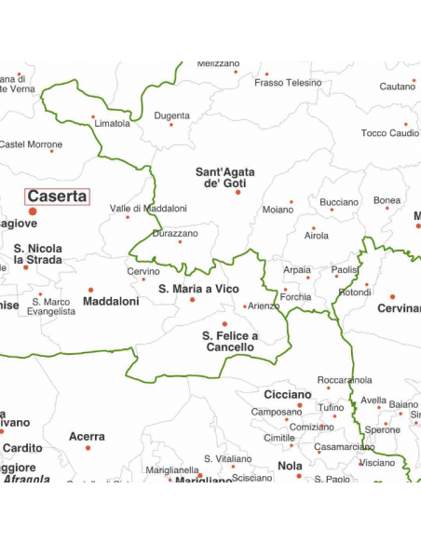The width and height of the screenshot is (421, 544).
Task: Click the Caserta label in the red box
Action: [57, 197]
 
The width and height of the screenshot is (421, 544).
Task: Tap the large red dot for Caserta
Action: [33, 212]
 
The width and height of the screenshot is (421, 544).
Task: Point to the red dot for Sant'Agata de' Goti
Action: [238, 193]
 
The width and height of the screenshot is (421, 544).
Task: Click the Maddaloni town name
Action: [111, 302]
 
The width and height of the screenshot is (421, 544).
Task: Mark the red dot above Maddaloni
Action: [90, 290]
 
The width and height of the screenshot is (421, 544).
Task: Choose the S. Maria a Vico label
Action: [198, 289]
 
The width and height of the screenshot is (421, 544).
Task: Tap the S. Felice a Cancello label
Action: [229, 341]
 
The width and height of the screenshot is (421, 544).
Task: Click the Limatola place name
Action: [113, 123]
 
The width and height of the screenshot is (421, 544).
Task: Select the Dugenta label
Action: [171, 116]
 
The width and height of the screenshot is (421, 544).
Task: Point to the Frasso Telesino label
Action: [287, 83]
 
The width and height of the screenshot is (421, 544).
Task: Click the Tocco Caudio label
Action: [389, 133]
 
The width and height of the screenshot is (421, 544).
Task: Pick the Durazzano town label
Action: [175, 234]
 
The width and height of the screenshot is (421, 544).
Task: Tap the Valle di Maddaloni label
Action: [148, 209]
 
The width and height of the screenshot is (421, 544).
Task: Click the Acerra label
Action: [87, 436]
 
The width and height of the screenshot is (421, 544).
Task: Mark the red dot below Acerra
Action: [88, 448]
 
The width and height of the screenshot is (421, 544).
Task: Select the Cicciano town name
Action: [287, 394]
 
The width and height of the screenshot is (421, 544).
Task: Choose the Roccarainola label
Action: [345, 380]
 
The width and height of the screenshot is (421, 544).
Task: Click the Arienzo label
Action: [264, 306]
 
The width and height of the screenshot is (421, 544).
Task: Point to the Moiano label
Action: [278, 210]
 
